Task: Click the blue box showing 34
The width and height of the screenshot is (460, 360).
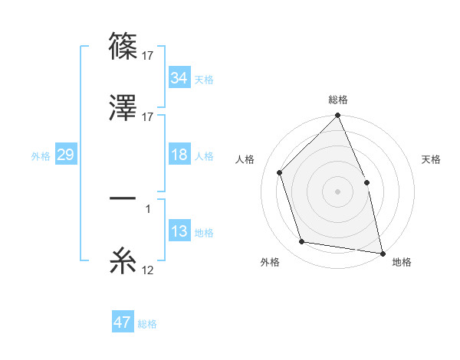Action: pyautogui.click(x=179, y=78)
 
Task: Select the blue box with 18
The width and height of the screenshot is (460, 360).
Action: pyautogui.click(x=179, y=155)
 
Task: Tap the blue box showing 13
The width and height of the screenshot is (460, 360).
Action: pyautogui.click(x=179, y=232)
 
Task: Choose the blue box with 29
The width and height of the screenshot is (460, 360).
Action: pyautogui.click(x=65, y=155)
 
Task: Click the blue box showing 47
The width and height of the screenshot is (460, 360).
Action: pyautogui.click(x=123, y=323)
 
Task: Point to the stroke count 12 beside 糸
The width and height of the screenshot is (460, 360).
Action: pyautogui.click(x=147, y=270)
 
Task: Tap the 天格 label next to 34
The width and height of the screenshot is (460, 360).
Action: pyautogui.click(x=204, y=80)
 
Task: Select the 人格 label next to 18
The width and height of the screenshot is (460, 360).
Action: pyautogui.click(x=204, y=156)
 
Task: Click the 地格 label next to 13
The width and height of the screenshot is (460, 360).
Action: pyautogui.click(x=204, y=233)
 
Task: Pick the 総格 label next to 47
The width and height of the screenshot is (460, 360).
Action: pyautogui.click(x=147, y=324)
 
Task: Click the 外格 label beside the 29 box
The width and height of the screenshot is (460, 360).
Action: pyautogui.click(x=41, y=156)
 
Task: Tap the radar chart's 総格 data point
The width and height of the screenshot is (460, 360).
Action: pyautogui.click(x=337, y=116)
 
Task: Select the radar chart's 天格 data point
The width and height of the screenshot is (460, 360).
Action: pyautogui.click(x=366, y=182)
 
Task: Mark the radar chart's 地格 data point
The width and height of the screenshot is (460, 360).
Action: pyautogui.click(x=382, y=252)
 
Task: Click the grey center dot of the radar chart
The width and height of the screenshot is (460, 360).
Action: pyautogui.click(x=337, y=191)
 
